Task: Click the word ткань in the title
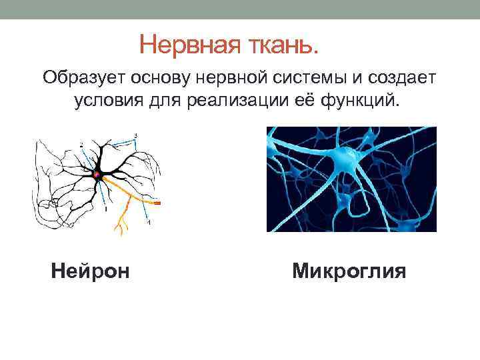tap(281, 45)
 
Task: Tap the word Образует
tap(84, 79)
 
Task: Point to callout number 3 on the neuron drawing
tap(136, 136)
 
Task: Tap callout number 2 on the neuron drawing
tap(81, 144)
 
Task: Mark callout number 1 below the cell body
tap(105, 209)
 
